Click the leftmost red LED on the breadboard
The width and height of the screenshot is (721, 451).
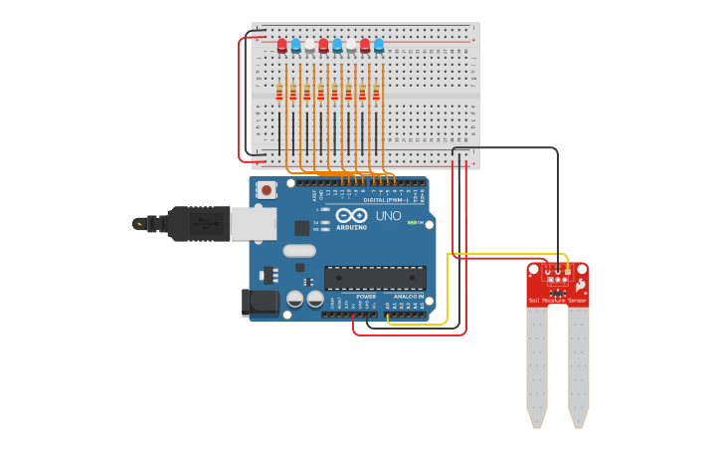[282, 46]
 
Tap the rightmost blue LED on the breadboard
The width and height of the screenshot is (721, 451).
[379, 46]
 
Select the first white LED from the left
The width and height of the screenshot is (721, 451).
[309, 46]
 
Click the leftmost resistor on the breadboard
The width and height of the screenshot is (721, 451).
[279, 94]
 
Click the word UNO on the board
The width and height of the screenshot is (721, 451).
[388, 215]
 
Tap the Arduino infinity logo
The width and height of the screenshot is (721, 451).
[352, 215]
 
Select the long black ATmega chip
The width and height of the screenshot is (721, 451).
[375, 278]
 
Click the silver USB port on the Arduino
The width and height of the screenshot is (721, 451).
[253, 224]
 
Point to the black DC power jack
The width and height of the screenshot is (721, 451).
[260, 302]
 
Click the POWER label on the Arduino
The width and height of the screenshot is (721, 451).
[366, 297]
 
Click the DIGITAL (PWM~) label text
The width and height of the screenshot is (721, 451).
[381, 200]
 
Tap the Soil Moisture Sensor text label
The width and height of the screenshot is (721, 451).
[557, 300]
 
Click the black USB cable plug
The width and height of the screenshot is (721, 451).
[199, 224]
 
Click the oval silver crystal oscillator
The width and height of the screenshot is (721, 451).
[299, 251]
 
